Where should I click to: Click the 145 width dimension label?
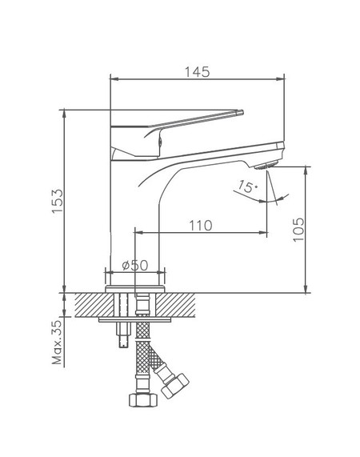(x=197, y=72)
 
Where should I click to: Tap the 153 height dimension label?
(x=58, y=201)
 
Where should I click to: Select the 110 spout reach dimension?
(x=201, y=226)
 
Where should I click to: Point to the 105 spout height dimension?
(x=298, y=229)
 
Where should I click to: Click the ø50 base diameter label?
(x=135, y=265)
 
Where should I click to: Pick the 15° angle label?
(x=248, y=186)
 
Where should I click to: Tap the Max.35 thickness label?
(x=57, y=343)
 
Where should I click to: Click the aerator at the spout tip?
(x=266, y=165)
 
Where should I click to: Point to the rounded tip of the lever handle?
(x=241, y=112)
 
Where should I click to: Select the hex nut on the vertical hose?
(x=143, y=399)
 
